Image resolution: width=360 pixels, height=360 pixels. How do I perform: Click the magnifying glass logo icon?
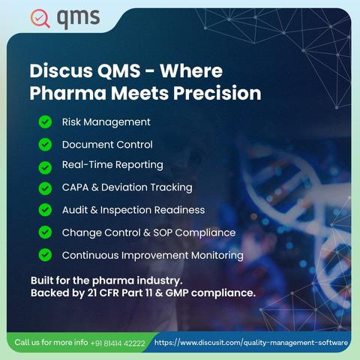coord(40,18)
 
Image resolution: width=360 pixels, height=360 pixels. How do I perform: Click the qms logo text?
coord(78,19)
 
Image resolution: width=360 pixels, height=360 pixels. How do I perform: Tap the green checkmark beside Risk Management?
coord(45,122)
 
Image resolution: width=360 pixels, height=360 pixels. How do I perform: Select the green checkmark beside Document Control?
coord(45,145)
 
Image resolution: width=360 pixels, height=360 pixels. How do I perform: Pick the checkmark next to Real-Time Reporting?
coord(45,167)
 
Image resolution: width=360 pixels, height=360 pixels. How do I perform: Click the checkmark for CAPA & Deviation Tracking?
coord(45,188)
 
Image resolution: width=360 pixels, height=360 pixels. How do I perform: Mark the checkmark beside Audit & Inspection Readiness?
coord(45,210)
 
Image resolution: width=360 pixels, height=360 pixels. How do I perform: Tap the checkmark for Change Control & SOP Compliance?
coord(45,232)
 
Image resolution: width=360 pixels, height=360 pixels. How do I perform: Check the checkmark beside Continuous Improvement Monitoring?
coord(45,255)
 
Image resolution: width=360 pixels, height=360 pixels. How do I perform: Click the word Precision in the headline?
coord(217,93)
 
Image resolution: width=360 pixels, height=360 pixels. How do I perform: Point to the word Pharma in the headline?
coord(68,93)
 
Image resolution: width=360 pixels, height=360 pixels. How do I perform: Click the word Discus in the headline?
coord(61,70)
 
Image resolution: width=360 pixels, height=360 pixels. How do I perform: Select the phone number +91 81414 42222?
coord(118,343)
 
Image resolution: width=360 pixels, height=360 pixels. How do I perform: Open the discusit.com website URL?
coord(251,343)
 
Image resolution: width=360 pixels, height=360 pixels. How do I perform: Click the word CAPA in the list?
coord(75,187)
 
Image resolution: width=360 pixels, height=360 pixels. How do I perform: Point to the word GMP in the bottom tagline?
coord(177,292)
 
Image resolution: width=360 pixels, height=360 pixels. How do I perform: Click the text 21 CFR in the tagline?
coord(103,292)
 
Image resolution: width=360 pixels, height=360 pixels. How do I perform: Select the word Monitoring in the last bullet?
coord(217,256)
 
